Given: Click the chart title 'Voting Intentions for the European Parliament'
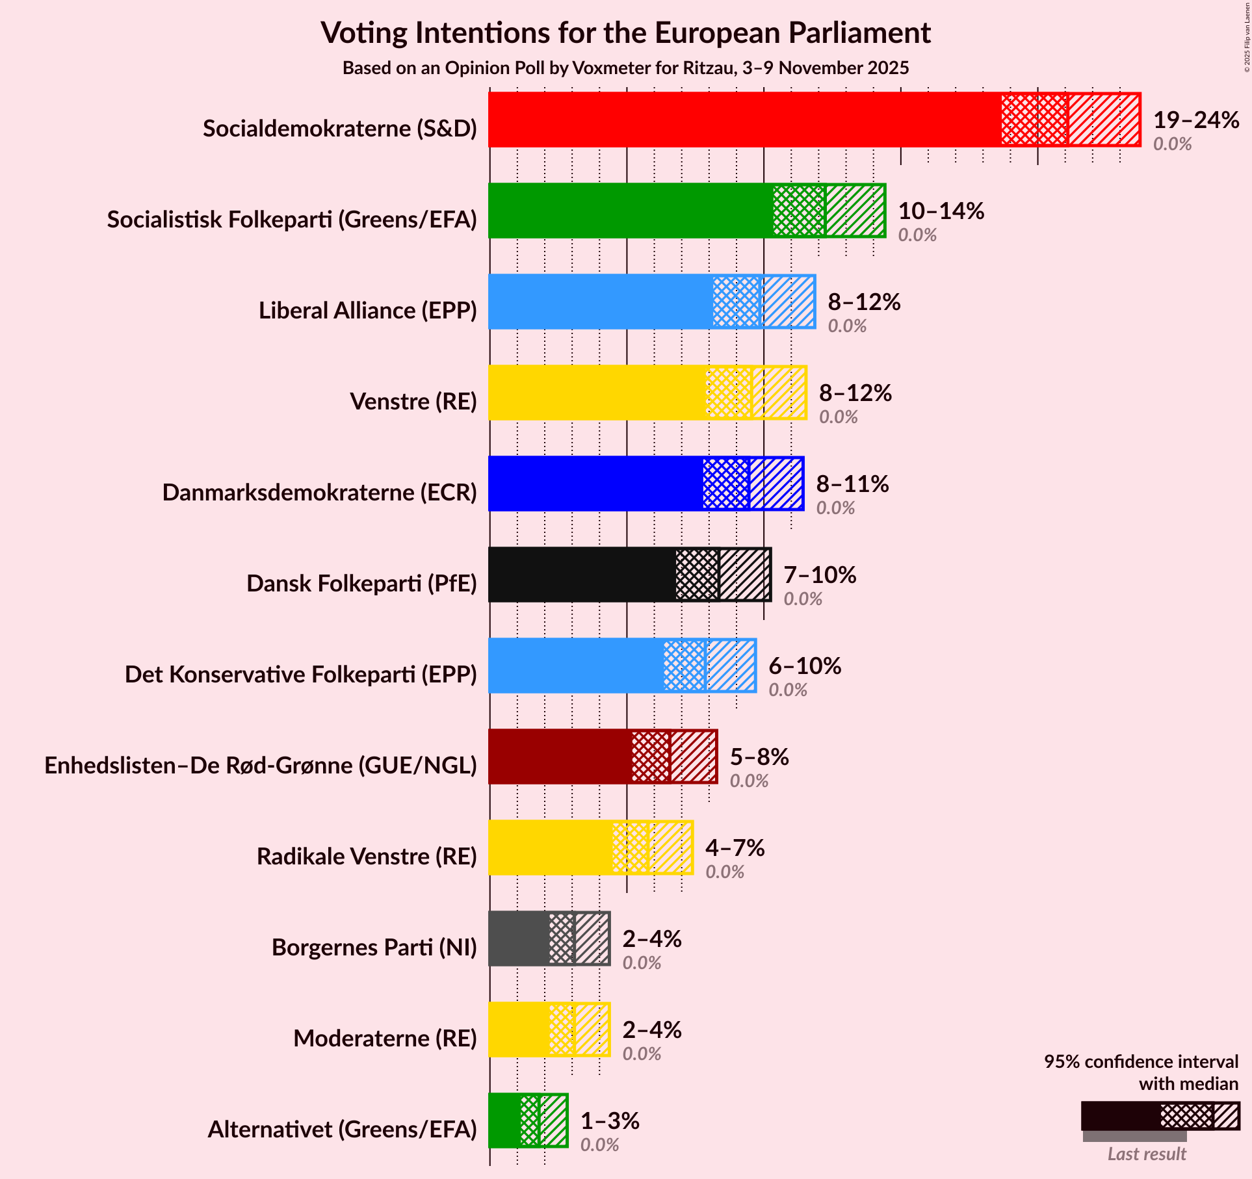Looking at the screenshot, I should [x=625, y=32].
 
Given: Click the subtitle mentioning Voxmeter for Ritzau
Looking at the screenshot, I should [x=625, y=68].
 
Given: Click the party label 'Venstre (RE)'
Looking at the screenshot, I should [x=413, y=402].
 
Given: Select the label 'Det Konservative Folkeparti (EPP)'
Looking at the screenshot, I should [x=301, y=675].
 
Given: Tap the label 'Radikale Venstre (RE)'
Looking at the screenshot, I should [x=367, y=857].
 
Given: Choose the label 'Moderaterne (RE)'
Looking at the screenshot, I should [x=385, y=1039].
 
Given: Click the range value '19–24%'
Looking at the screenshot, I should [x=1196, y=120].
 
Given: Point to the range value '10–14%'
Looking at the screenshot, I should [x=941, y=211].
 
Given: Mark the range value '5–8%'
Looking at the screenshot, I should [x=759, y=757].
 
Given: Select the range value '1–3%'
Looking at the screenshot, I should [x=610, y=1121].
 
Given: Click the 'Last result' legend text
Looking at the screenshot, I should [x=1147, y=1154].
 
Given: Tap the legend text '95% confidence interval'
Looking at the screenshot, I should [x=1141, y=1061].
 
